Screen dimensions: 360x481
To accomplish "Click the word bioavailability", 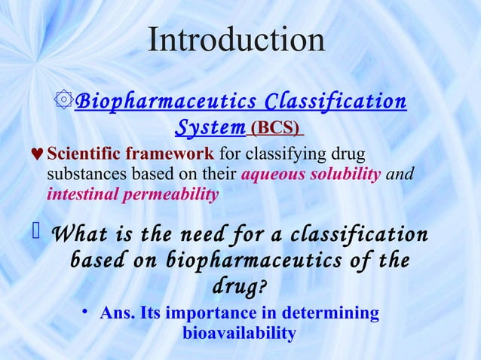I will point(238,332).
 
